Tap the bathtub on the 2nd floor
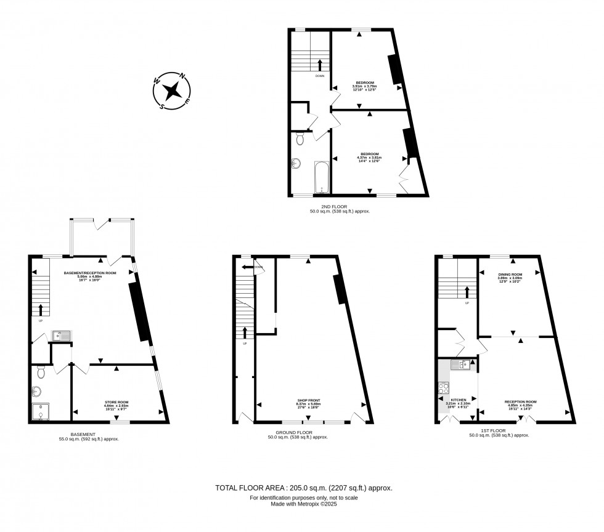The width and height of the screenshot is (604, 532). [322, 177]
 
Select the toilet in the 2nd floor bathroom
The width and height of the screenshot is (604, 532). [300, 139]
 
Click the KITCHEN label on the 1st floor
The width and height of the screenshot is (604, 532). [458, 400]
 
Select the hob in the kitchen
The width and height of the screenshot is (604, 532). [443, 388]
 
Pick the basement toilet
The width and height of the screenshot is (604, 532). [41, 371]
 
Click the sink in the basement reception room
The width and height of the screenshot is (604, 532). [62, 336]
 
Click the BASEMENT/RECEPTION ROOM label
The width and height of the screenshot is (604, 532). [90, 273]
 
